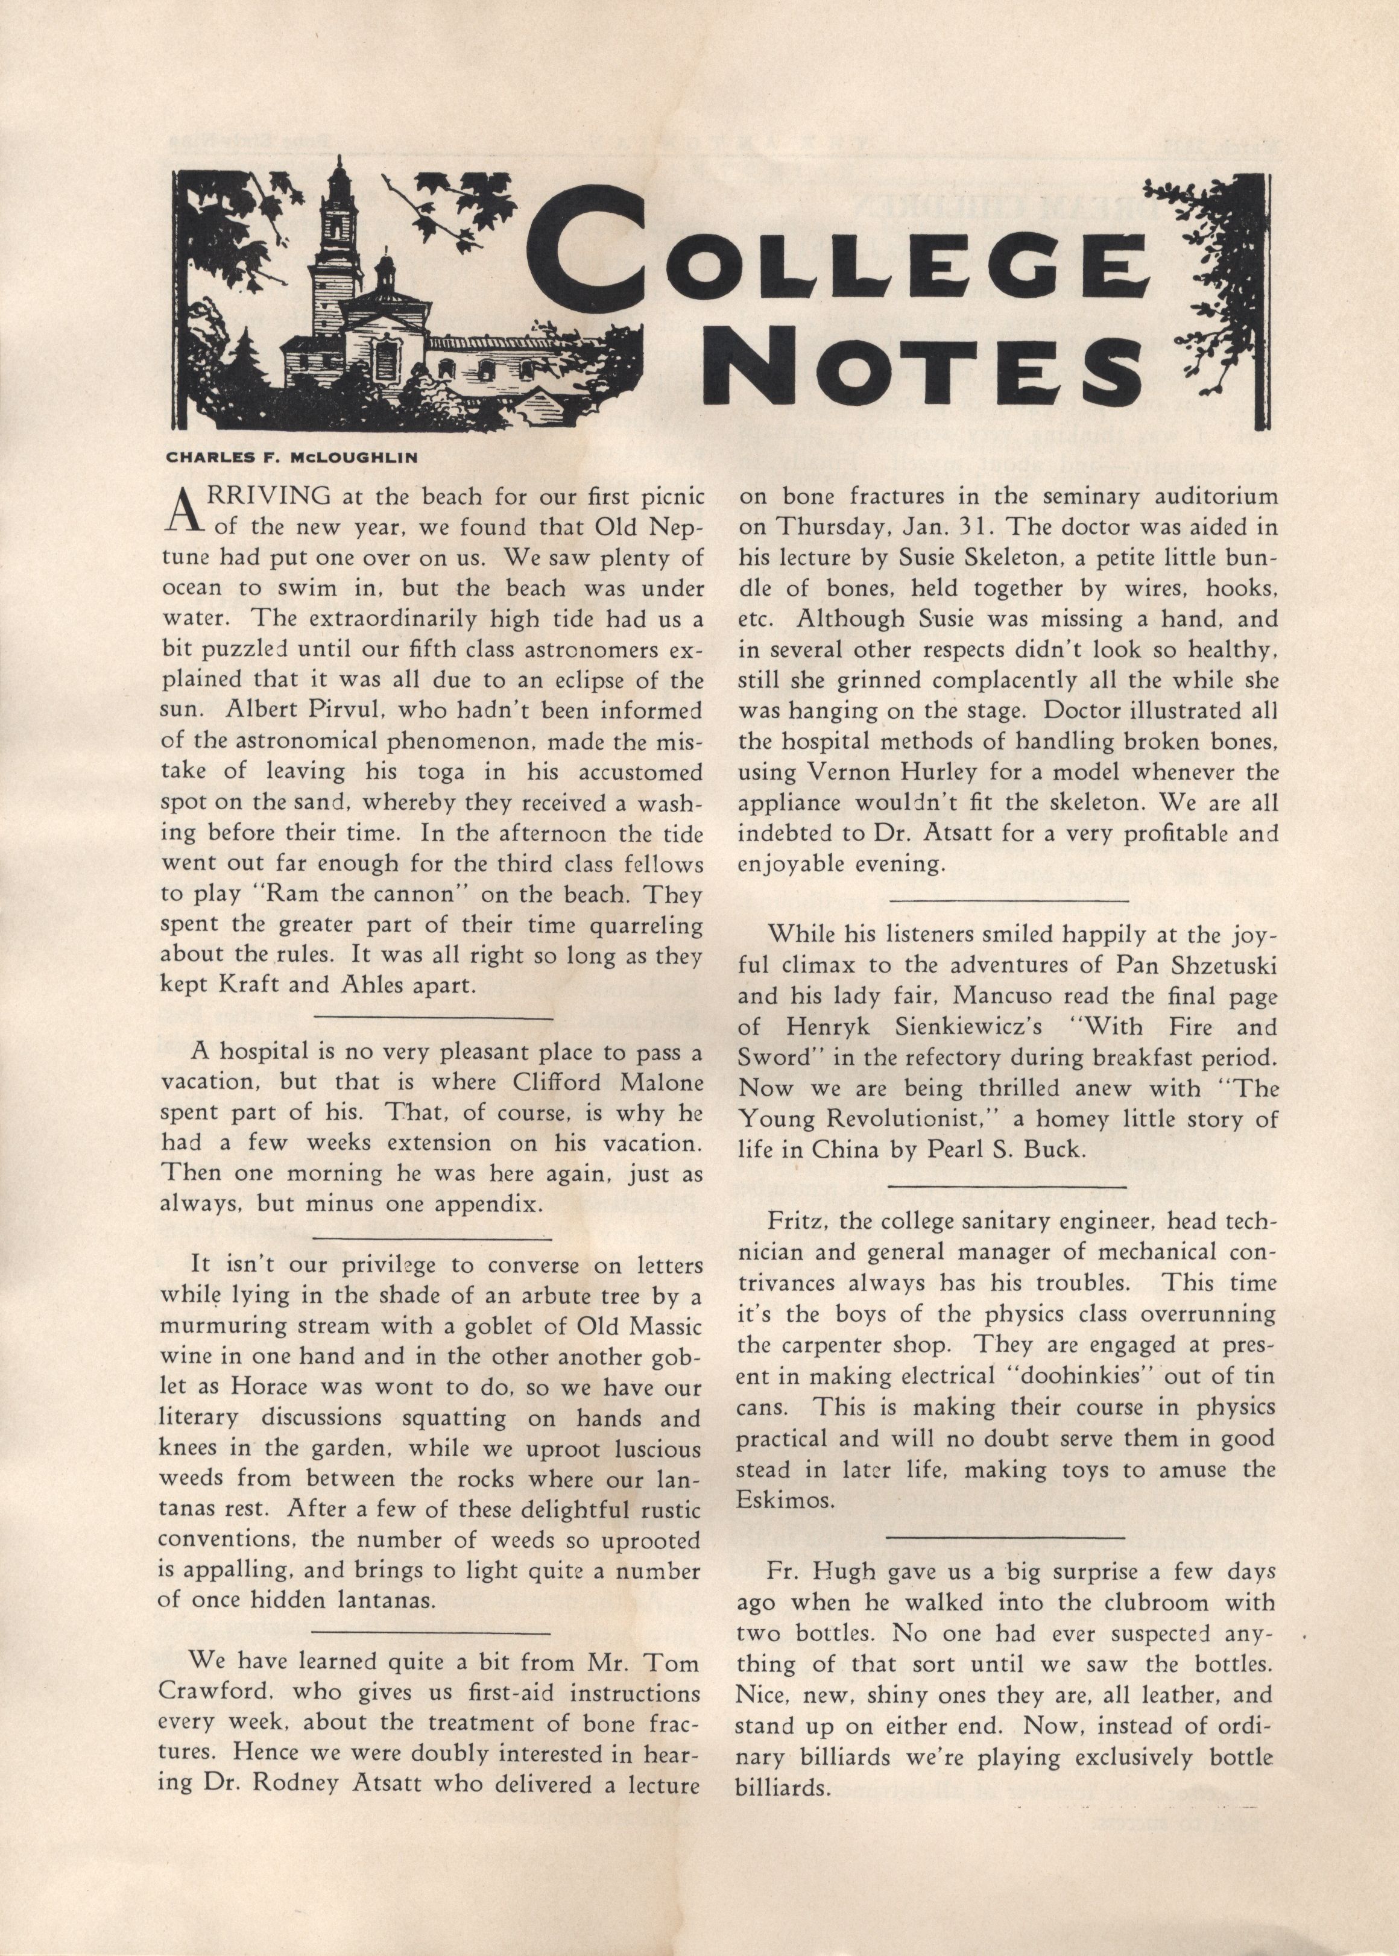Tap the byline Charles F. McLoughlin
coord(291,458)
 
